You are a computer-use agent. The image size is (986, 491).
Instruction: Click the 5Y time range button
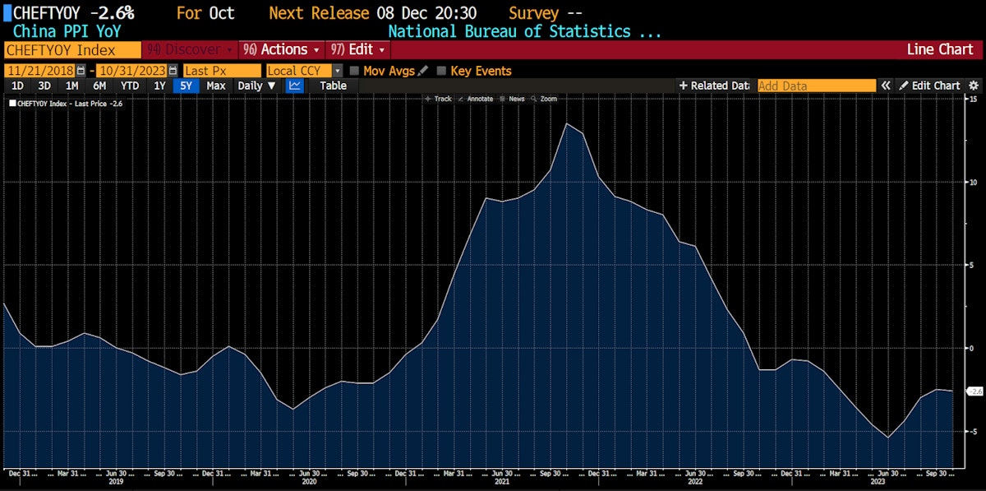click(x=187, y=86)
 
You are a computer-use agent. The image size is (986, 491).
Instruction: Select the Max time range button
click(x=216, y=86)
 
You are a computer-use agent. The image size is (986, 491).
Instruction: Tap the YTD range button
click(x=130, y=86)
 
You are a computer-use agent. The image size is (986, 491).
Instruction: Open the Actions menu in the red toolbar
click(x=283, y=49)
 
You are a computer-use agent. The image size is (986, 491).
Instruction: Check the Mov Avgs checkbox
click(x=355, y=71)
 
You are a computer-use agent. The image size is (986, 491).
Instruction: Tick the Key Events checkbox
click(x=442, y=71)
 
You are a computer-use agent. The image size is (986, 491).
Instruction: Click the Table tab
click(x=333, y=86)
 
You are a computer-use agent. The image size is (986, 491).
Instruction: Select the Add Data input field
click(x=816, y=86)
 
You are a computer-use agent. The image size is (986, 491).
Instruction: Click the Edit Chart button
click(x=928, y=86)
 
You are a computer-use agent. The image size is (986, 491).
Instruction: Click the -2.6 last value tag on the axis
click(x=972, y=391)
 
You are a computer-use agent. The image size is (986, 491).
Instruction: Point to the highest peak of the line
click(x=567, y=123)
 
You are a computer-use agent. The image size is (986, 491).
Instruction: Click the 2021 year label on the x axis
click(x=502, y=482)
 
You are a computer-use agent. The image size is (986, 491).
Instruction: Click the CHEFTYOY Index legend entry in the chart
click(x=66, y=104)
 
